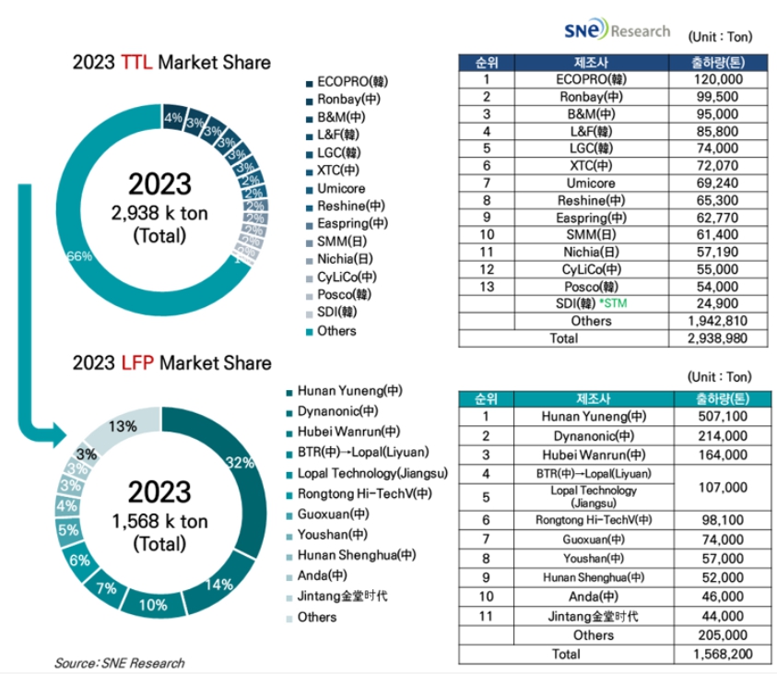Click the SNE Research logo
tap(617, 31)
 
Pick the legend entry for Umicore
tap(340, 188)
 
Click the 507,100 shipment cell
tap(713, 416)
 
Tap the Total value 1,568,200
tap(713, 653)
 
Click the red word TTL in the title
tap(138, 63)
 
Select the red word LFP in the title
tap(138, 362)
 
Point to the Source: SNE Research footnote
tap(118, 662)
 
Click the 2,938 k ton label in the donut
tap(159, 213)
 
